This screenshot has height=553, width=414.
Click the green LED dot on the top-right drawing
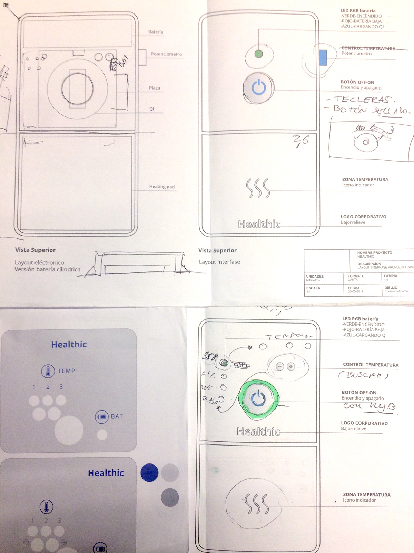coord(258,54)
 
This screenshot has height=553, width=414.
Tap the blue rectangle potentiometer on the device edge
coord(323,57)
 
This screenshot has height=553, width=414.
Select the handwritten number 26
coord(300,141)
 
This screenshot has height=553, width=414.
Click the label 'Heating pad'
coord(162,187)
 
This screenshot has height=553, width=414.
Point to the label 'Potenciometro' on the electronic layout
coord(166,54)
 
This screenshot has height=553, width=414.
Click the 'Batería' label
coord(156,32)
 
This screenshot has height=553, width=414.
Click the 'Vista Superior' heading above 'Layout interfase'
coord(217,250)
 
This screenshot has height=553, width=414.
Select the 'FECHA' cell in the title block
coord(354,288)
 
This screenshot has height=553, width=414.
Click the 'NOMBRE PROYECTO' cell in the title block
coord(374,253)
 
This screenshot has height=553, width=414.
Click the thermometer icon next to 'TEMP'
coord(48,371)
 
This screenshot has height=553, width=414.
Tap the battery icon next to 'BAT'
coord(102,416)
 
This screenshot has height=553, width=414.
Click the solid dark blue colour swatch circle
coord(149,473)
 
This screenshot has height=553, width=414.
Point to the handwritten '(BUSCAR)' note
coord(363,375)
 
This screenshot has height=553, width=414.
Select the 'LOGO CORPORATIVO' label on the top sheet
coord(363,217)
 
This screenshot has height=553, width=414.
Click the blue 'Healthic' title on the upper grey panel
coord(69,344)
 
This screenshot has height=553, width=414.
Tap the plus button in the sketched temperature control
coord(291,366)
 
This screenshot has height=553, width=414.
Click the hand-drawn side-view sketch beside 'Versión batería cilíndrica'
coord(138,264)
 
